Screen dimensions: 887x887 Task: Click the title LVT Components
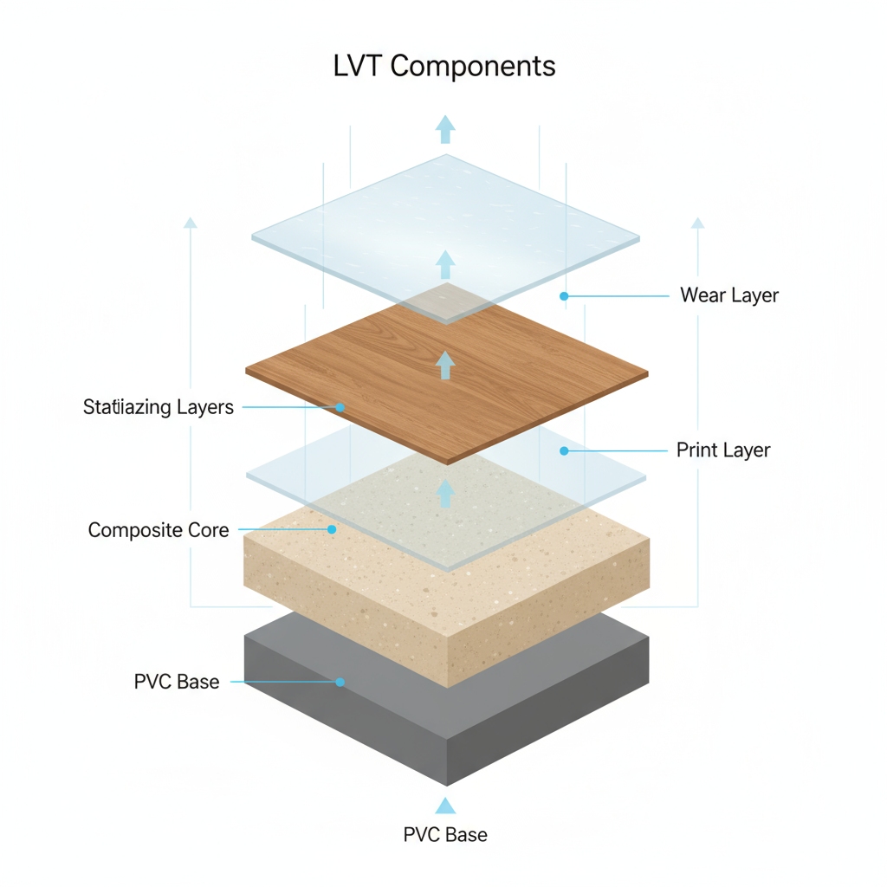click(443, 67)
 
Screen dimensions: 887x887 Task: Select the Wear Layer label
click(728, 295)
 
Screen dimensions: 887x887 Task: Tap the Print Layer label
click(722, 450)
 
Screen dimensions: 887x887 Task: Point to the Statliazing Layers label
click(159, 407)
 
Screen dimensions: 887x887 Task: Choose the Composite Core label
click(159, 529)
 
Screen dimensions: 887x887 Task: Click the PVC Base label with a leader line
click(177, 682)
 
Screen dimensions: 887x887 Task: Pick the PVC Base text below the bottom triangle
click(445, 835)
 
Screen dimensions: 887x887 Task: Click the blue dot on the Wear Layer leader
click(564, 296)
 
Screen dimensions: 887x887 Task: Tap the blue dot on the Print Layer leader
click(564, 450)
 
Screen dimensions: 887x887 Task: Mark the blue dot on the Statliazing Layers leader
click(340, 407)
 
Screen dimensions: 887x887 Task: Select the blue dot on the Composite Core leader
click(332, 529)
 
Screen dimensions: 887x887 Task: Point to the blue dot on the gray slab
click(340, 683)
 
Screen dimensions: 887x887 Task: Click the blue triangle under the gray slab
click(445, 806)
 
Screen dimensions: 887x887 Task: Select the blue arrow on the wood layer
click(445, 365)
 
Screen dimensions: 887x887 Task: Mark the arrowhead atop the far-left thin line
click(191, 223)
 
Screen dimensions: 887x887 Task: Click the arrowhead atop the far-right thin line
click(697, 223)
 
